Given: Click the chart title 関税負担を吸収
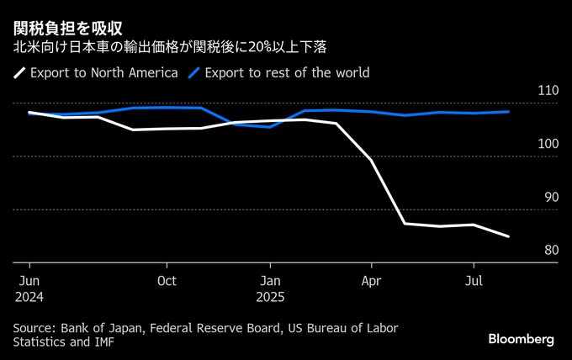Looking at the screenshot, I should click(69, 29).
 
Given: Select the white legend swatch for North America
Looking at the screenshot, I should click(19, 73).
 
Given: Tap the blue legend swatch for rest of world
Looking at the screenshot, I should click(193, 73).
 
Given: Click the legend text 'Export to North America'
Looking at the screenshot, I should click(103, 73).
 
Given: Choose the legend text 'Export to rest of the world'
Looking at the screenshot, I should click(287, 73).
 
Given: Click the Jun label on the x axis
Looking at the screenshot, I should click(29, 281).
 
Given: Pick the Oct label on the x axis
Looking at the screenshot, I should click(167, 281).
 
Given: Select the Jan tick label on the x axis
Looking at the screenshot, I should click(270, 281).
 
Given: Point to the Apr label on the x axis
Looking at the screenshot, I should click(372, 281).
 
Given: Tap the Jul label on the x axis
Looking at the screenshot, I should click(474, 281).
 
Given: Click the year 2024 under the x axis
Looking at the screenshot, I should click(29, 297).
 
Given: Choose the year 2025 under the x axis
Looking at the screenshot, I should click(270, 297).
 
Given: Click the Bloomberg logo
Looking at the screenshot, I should click(522, 339).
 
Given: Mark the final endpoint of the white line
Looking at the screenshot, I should click(508, 236).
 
